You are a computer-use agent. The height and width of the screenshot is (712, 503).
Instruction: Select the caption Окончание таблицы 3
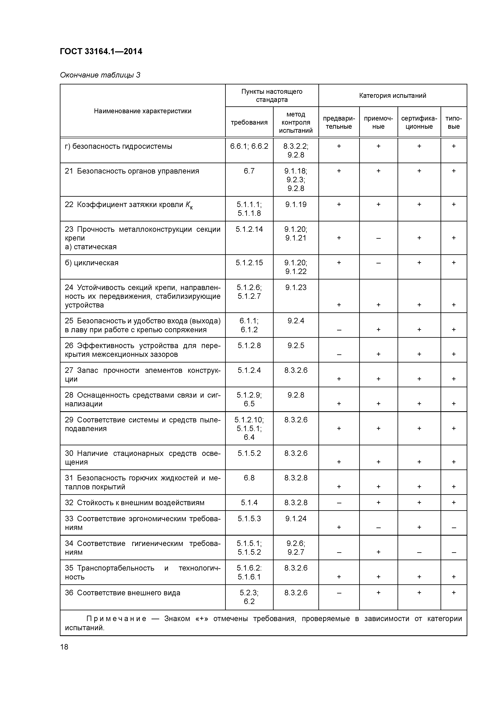click(100, 75)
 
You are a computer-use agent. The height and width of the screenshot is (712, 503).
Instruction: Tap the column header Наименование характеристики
click(143, 111)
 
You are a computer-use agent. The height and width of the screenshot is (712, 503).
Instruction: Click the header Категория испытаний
click(392, 96)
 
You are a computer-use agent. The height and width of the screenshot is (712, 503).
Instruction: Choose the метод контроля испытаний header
click(296, 123)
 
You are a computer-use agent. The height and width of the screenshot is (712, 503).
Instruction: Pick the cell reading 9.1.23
click(296, 287)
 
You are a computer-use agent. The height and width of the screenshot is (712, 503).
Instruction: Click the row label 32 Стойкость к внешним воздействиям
click(134, 503)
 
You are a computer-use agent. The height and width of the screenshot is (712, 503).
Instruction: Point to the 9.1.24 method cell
click(296, 519)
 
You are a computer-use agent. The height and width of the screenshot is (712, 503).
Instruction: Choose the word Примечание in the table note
click(116, 619)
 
